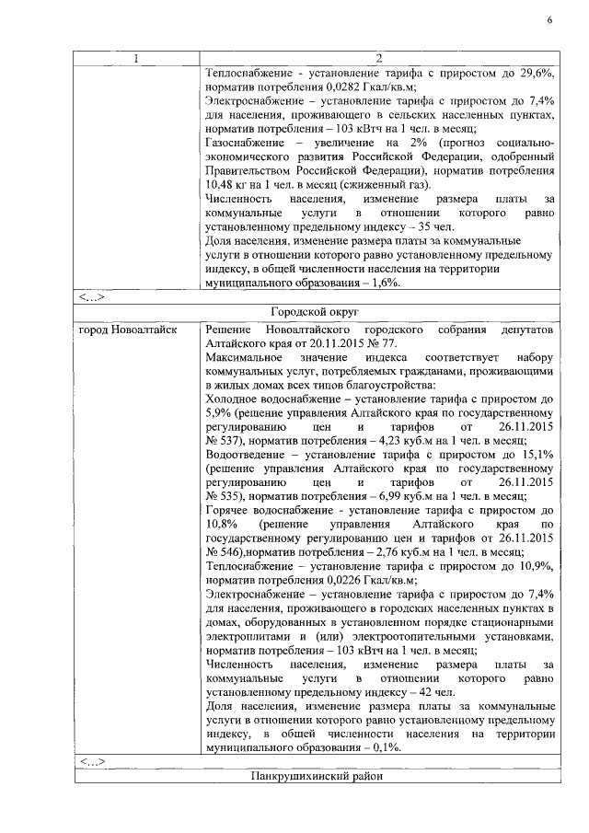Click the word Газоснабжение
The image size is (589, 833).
tap(244, 145)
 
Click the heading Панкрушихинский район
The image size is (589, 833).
tap(315, 777)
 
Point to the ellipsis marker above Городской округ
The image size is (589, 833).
tap(92, 296)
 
